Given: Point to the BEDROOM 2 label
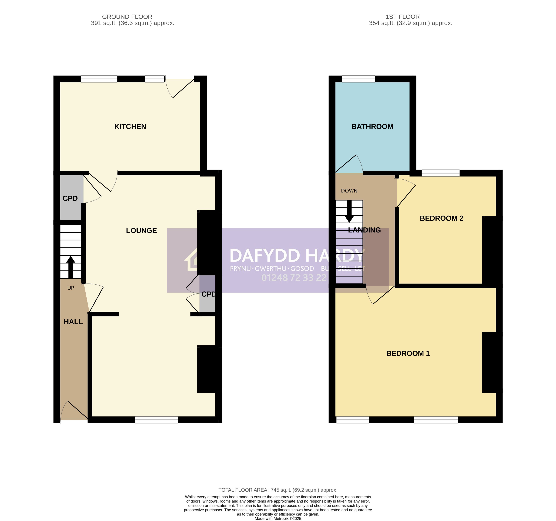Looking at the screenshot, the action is click(x=441, y=218).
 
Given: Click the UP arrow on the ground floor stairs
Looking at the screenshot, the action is click(x=71, y=267).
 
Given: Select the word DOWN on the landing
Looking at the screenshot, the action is click(x=349, y=191).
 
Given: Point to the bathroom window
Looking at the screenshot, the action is click(x=358, y=79).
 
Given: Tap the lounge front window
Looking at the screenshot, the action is click(x=157, y=420).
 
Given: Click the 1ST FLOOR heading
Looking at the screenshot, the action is click(x=403, y=17).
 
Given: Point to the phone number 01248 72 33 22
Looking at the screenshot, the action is click(x=294, y=278).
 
